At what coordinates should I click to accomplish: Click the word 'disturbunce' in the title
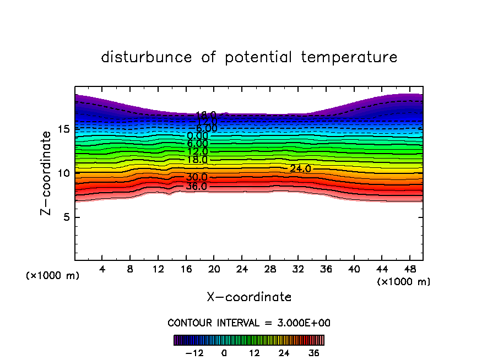147,57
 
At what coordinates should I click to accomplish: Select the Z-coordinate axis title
48,173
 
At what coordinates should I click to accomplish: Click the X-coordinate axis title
249,297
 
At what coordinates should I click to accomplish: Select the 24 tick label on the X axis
242,269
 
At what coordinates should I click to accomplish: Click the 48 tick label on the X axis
409,269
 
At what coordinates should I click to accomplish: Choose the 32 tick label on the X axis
297,269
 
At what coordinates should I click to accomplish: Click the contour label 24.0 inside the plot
300,169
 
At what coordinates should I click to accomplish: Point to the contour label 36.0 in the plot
197,187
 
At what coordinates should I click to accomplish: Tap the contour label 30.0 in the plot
197,178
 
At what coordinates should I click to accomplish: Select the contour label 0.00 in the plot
197,136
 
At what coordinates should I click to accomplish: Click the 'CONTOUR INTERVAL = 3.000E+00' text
249,323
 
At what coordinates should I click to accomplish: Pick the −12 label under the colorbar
195,353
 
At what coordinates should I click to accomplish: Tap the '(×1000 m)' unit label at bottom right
404,282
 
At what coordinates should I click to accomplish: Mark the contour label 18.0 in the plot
197,160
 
